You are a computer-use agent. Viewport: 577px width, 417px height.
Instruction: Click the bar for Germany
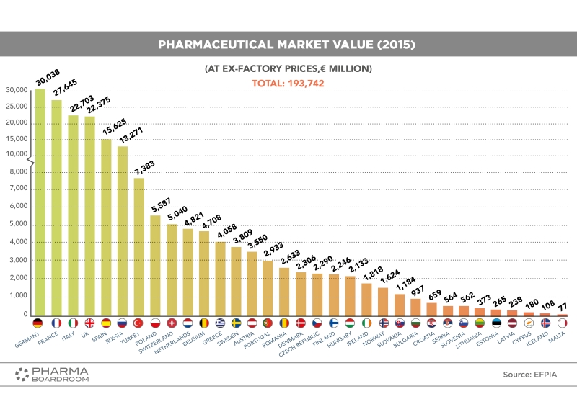pos(40,202)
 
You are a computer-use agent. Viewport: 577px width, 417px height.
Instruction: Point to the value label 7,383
pos(145,167)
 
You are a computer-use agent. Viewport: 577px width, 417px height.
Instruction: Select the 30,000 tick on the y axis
pos(16,90)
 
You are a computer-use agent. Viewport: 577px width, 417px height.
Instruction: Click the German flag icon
pos(40,323)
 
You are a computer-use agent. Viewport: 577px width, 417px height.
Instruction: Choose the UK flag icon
pos(89,323)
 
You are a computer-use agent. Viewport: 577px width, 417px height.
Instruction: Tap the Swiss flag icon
pos(171,323)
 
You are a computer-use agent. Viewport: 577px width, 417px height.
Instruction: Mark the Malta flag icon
pos(562,323)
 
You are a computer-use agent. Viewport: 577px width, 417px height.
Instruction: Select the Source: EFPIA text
pos(529,375)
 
